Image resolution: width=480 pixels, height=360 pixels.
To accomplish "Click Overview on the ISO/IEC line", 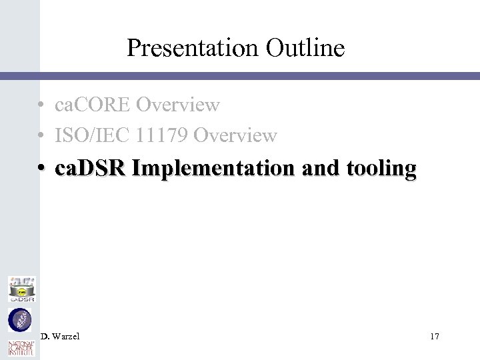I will pos(235,136).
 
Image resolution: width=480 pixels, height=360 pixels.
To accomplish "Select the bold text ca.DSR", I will pos(91,169).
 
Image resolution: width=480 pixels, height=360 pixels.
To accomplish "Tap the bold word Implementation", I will pos(209,169).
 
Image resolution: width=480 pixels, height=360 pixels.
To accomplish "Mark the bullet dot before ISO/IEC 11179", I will pos(41,137).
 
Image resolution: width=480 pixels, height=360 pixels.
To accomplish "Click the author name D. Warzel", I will pos(60,337).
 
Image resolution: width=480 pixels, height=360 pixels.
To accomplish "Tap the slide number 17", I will pos(434,337).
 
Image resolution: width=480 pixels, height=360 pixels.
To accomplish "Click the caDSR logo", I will pos(21,289).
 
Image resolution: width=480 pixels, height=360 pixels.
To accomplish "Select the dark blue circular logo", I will pos(19,321).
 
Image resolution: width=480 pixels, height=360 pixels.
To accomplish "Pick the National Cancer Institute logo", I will pos(20,349).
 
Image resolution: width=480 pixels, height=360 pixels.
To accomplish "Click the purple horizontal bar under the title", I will pos(260,77).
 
